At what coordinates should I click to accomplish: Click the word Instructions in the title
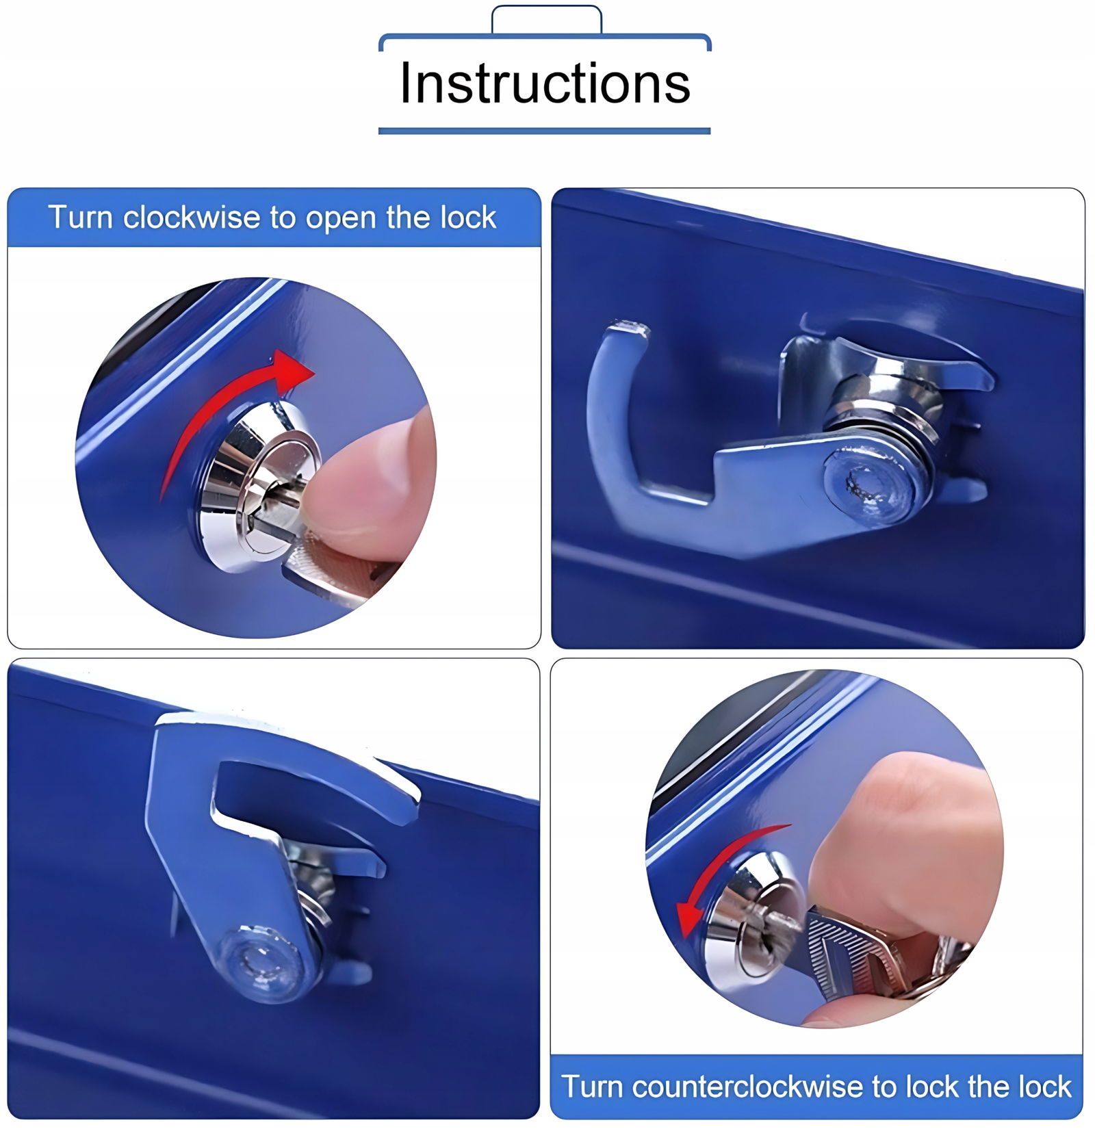tap(545, 83)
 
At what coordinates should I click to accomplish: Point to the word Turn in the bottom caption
tap(593, 1087)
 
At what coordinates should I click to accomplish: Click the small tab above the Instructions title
tap(547, 19)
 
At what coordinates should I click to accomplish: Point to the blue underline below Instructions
tap(545, 131)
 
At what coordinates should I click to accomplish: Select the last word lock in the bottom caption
tap(1044, 1087)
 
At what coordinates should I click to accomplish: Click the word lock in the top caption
tap(468, 218)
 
